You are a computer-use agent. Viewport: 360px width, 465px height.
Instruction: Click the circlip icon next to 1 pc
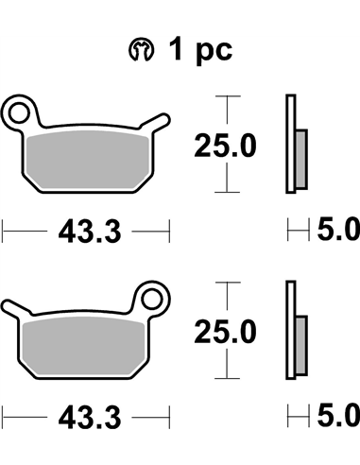142,50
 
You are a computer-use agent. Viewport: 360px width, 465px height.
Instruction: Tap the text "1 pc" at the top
201,49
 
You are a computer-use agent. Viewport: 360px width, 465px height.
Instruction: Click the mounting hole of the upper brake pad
19,112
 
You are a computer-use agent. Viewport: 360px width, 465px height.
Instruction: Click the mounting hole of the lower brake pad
152,299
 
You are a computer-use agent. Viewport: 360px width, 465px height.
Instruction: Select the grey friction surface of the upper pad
88,160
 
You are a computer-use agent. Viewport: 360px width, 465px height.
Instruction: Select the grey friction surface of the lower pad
84,346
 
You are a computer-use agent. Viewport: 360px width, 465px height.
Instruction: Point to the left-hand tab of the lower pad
16,308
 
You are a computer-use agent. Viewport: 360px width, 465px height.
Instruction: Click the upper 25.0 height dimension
225,146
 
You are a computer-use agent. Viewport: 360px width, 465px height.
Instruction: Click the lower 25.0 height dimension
225,332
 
